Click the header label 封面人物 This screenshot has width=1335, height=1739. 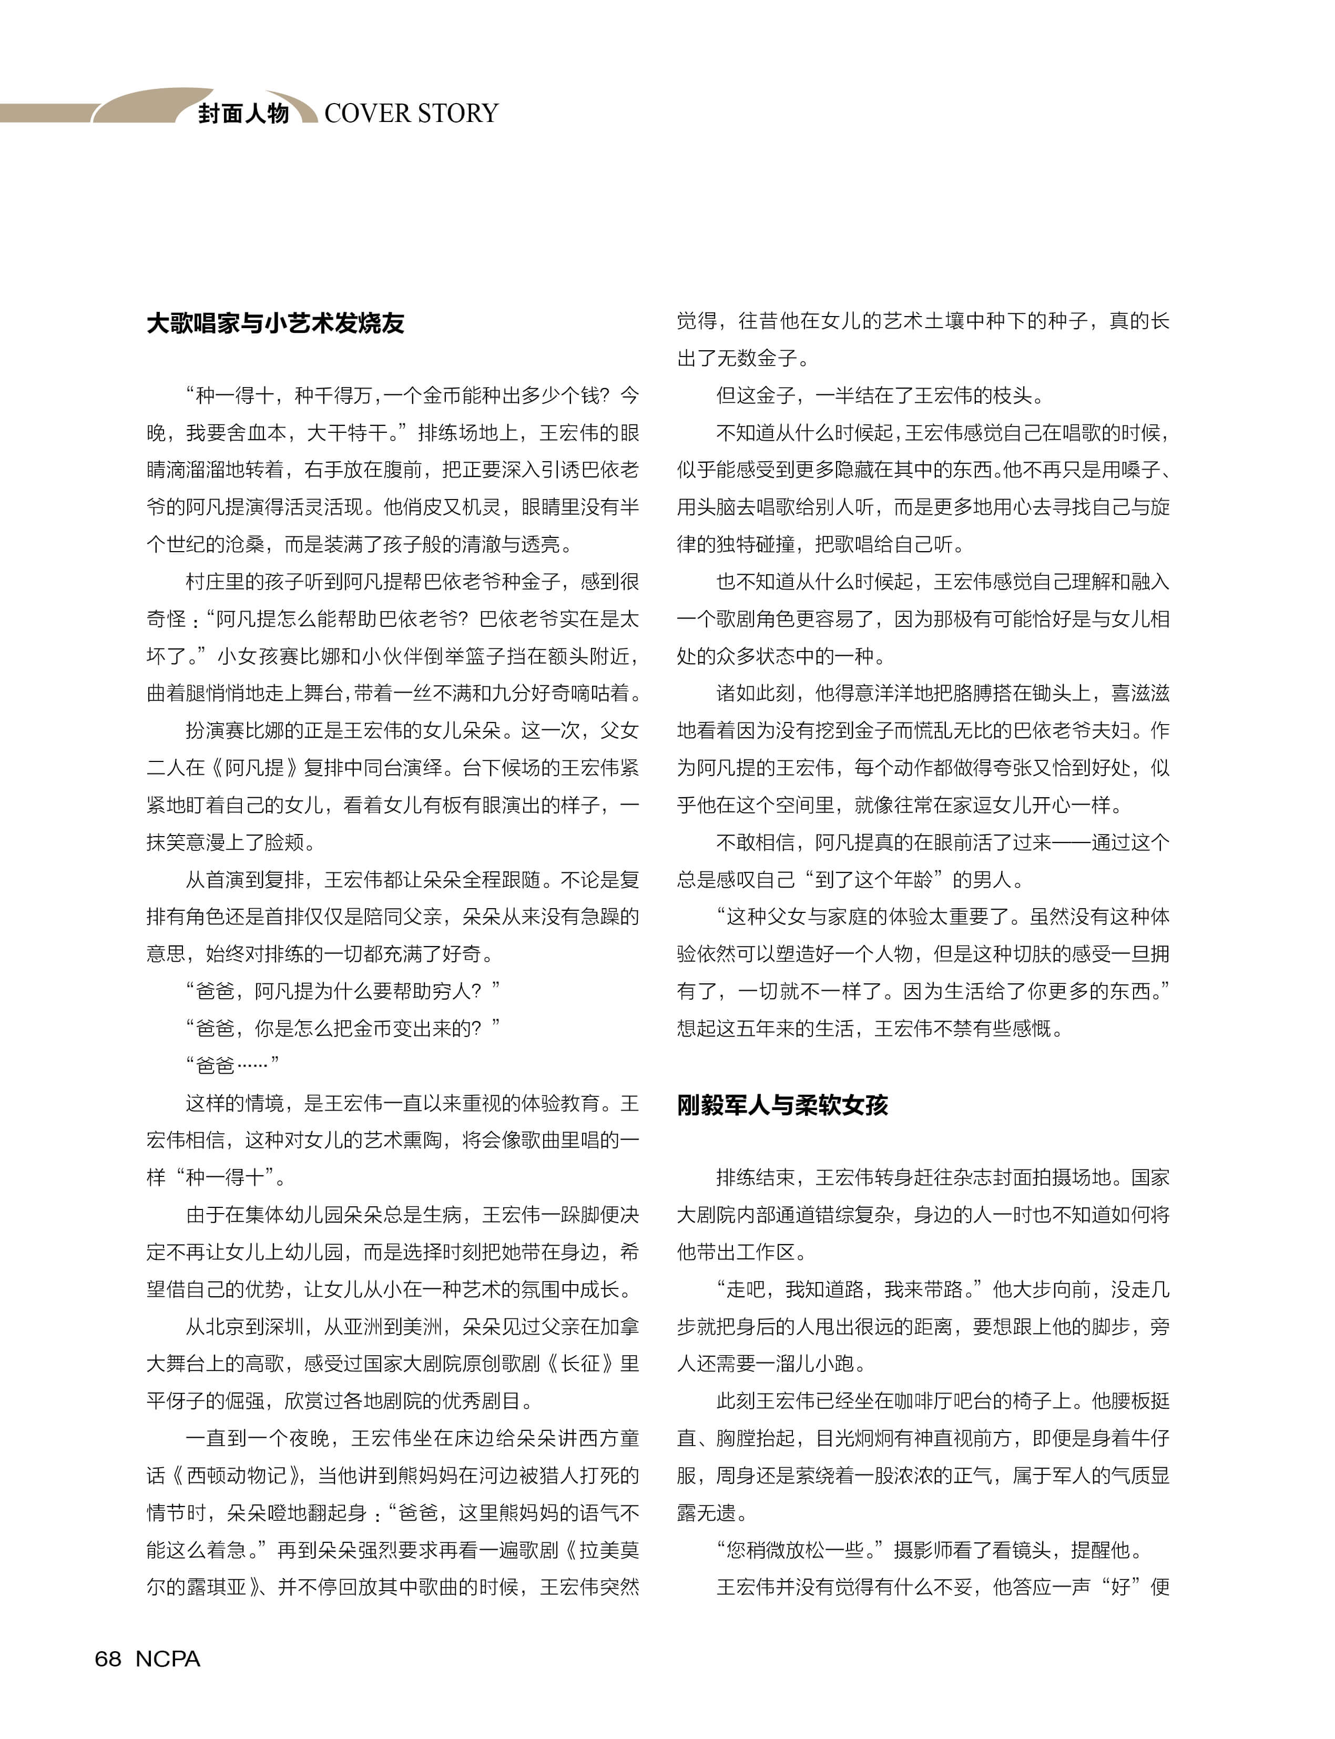tap(243, 114)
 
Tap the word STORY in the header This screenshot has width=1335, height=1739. tap(458, 114)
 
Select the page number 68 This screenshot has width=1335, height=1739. tap(108, 1659)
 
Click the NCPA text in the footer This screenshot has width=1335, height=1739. tap(168, 1659)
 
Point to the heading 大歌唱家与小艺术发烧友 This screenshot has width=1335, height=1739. tap(276, 323)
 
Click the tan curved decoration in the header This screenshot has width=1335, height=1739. tap(143, 105)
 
